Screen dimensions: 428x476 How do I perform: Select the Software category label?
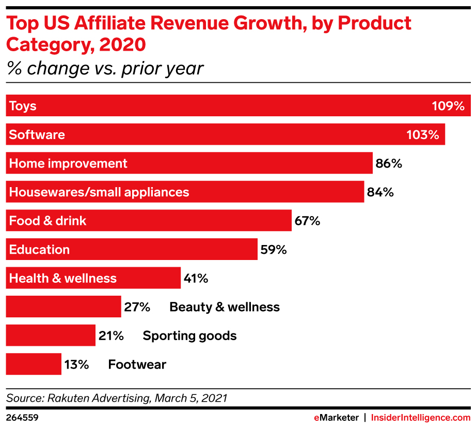point(37,135)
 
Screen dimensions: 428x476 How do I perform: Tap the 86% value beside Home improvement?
point(389,164)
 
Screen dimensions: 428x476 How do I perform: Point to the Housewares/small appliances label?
point(99,192)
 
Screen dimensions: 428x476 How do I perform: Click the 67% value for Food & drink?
point(307,221)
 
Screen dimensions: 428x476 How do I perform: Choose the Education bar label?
point(39,250)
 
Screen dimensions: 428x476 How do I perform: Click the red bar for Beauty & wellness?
point(63,307)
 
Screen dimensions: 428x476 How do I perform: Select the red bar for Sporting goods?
point(51,335)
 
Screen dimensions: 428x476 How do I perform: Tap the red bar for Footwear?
point(34,364)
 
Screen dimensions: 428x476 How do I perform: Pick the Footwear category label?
point(137,364)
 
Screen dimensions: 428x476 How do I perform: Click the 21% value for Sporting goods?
point(111,335)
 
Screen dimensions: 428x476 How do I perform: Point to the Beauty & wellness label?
point(225,307)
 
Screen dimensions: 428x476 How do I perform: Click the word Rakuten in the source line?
point(67,399)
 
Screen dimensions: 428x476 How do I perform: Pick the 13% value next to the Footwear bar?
point(76,364)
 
